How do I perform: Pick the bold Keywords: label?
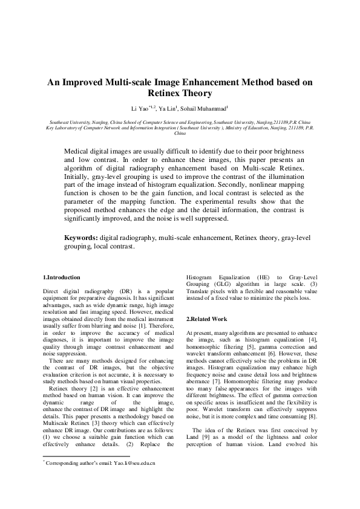(x=82, y=239)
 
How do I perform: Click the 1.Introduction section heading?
(x=62, y=277)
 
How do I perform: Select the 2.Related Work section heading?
(x=206, y=319)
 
